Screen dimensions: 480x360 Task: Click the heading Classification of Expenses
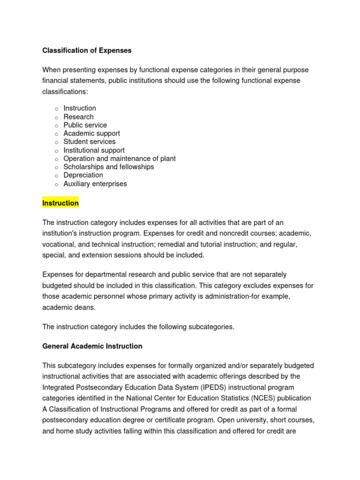pyautogui.click(x=87, y=50)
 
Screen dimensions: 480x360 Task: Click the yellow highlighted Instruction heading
pyautogui.click(x=60, y=203)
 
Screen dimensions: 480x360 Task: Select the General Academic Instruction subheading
pyautogui.click(x=92, y=346)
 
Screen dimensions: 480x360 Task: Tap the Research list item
pyautogui.click(x=78, y=117)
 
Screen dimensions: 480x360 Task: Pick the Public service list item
pyautogui.click(x=85, y=125)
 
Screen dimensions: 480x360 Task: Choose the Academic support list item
pyautogui.click(x=91, y=133)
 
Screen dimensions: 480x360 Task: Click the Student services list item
pyautogui.click(x=89, y=142)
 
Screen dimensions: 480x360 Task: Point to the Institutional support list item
pyautogui.click(x=94, y=150)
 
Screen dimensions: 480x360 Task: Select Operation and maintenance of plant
pyautogui.click(x=120, y=158)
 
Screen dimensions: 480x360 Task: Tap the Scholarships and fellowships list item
pyautogui.click(x=108, y=167)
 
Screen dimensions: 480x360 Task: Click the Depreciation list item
pyautogui.click(x=83, y=175)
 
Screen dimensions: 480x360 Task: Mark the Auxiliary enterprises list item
pyautogui.click(x=95, y=184)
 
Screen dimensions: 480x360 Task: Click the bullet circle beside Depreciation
pyautogui.click(x=56, y=176)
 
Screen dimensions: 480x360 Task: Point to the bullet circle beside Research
pyautogui.click(x=56, y=117)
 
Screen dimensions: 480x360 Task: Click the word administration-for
pyautogui.click(x=240, y=296)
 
